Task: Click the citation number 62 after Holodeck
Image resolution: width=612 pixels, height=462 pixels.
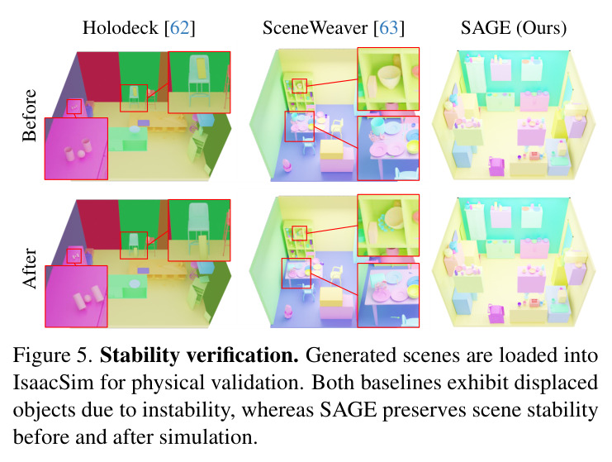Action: (x=179, y=28)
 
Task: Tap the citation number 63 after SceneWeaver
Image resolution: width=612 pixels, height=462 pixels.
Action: (x=389, y=28)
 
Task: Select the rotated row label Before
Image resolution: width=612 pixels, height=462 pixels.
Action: (x=30, y=115)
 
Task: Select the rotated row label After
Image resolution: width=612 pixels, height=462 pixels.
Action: (x=30, y=269)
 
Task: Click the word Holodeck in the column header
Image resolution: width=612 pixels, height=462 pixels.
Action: (x=121, y=28)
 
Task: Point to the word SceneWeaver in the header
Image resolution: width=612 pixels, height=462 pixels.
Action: (x=315, y=28)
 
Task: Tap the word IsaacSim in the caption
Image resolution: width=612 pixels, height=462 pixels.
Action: (x=54, y=383)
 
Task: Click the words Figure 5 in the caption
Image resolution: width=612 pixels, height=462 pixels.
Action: (x=52, y=356)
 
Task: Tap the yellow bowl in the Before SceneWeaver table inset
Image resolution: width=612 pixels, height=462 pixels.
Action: (x=413, y=146)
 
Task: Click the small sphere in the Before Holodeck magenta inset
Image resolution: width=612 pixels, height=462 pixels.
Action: (x=81, y=154)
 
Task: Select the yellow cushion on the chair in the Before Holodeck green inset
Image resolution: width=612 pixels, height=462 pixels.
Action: (x=199, y=67)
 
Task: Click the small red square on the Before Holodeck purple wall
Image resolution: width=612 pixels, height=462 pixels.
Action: (x=74, y=107)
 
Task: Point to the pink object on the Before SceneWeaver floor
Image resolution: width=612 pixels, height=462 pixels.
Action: (x=287, y=164)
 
